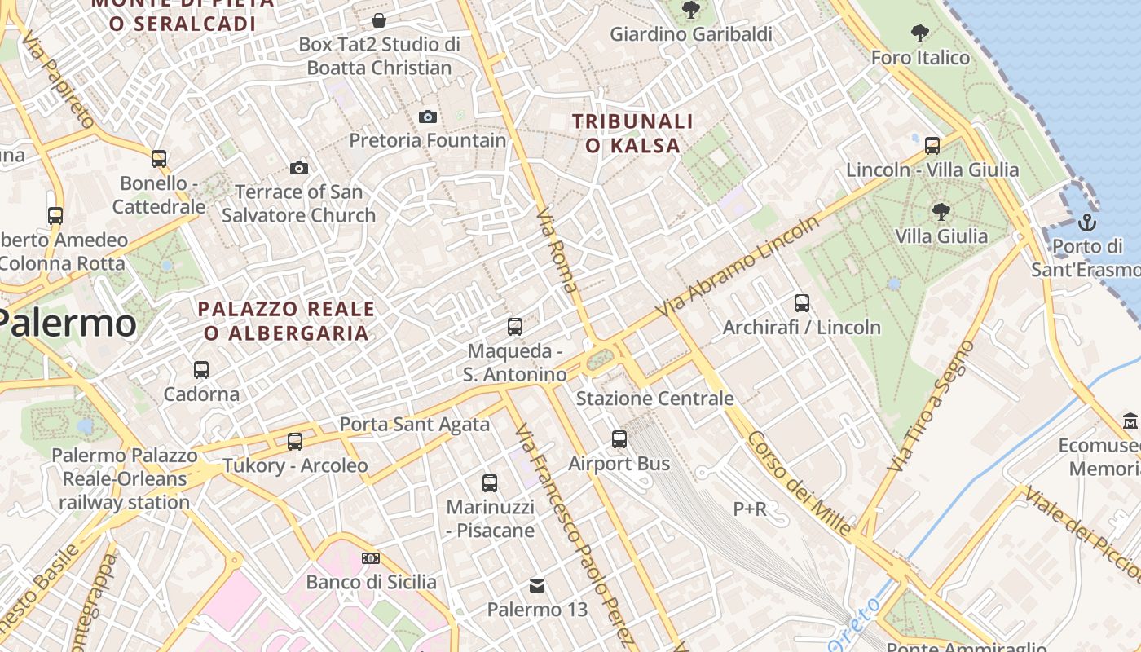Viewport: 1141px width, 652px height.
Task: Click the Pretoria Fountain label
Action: click(x=428, y=140)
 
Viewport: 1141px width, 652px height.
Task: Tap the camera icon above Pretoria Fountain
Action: click(x=428, y=117)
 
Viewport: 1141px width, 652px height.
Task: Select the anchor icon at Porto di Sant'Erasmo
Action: click(x=1086, y=222)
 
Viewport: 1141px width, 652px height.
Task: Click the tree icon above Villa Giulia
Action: click(x=941, y=213)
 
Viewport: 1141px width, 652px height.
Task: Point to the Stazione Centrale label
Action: click(x=654, y=399)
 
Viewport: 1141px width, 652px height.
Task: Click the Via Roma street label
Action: click(x=557, y=250)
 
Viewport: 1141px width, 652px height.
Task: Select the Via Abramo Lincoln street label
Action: click(x=737, y=267)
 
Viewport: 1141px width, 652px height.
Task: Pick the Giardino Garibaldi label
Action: click(x=691, y=34)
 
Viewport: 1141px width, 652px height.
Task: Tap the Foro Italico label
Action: click(x=920, y=57)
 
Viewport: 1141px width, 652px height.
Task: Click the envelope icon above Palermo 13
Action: click(x=537, y=586)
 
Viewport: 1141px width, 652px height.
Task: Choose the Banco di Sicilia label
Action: click(x=371, y=582)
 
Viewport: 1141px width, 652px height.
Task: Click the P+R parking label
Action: click(x=750, y=509)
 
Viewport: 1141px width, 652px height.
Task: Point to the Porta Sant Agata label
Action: click(x=414, y=424)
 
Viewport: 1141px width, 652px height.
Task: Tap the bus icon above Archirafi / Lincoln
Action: click(x=802, y=303)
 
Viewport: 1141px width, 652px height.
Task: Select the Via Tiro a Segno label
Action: click(x=930, y=406)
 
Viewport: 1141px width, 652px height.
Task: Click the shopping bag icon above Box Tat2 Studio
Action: click(x=379, y=20)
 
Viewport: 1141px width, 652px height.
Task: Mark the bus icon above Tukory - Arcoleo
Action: click(x=295, y=442)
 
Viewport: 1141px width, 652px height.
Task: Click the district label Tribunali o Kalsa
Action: click(x=632, y=134)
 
